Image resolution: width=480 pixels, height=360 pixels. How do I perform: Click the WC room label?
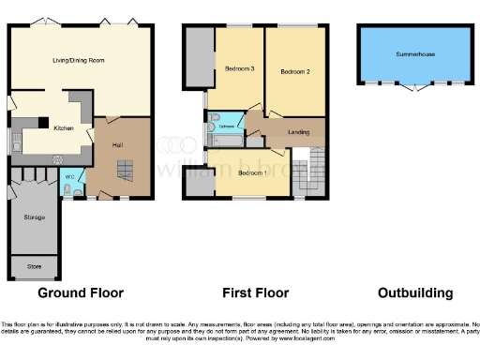[70, 175]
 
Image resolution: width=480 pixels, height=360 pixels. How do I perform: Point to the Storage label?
[36, 217]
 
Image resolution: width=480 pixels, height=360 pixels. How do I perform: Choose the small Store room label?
[35, 265]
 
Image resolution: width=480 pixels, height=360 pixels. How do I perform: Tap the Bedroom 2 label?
[294, 71]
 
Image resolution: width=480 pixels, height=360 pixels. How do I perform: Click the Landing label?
[298, 131]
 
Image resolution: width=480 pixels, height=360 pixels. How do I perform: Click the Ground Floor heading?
[63, 292]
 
